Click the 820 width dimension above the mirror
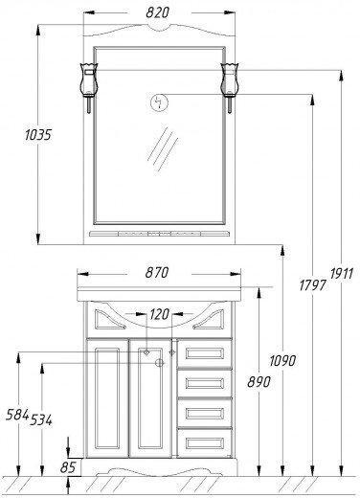(x=157, y=12)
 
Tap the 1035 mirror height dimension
(x=38, y=135)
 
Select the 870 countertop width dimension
(x=157, y=273)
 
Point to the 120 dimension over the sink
(x=159, y=314)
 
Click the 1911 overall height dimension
(x=342, y=274)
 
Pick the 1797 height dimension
(x=313, y=284)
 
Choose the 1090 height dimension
(x=282, y=361)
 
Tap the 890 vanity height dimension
(x=259, y=382)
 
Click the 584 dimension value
(x=17, y=415)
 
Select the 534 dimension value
(x=41, y=420)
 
